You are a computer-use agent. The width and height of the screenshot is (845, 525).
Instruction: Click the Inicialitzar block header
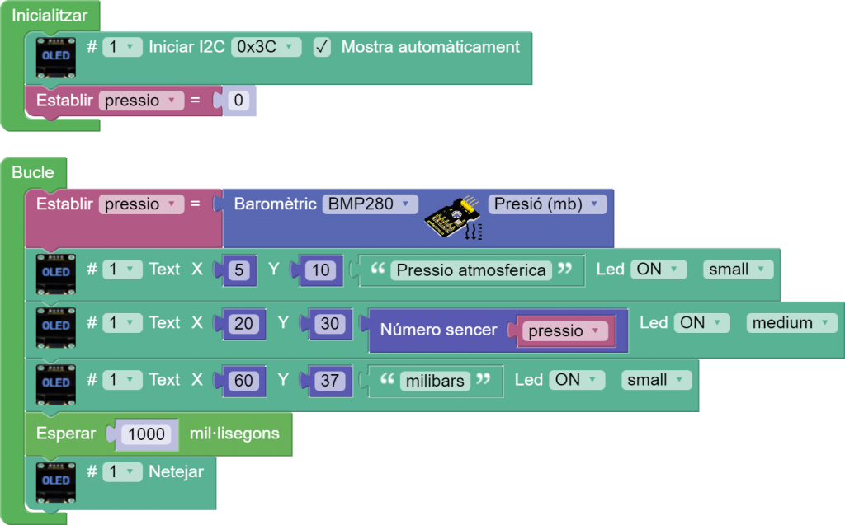pyautogui.click(x=50, y=16)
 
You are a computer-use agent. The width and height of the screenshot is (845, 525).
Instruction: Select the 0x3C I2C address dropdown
pyautogui.click(x=266, y=47)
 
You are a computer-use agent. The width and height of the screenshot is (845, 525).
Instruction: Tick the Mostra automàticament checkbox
pyautogui.click(x=323, y=47)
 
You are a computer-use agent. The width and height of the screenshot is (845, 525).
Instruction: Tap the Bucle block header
pyautogui.click(x=33, y=172)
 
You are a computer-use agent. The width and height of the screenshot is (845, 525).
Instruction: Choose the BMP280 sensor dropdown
pyautogui.click(x=371, y=204)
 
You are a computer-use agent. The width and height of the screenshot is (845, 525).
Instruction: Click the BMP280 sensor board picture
pyautogui.click(x=452, y=219)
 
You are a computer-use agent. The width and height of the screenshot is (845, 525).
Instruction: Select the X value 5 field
pyautogui.click(x=239, y=270)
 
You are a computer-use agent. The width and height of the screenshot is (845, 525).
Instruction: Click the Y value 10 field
pyautogui.click(x=321, y=270)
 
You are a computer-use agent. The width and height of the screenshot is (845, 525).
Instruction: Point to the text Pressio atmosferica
pyautogui.click(x=471, y=270)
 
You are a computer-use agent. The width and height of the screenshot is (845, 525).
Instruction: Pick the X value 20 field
pyautogui.click(x=243, y=324)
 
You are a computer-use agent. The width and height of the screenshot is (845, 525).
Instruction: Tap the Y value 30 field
pyautogui.click(x=329, y=324)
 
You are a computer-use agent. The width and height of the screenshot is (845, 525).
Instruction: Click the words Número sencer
pyautogui.click(x=438, y=330)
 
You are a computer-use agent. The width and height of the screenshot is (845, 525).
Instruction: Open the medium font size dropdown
pyautogui.click(x=791, y=323)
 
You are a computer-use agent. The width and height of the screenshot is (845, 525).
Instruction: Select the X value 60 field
pyautogui.click(x=243, y=381)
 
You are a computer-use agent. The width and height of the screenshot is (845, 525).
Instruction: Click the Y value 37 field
pyautogui.click(x=329, y=381)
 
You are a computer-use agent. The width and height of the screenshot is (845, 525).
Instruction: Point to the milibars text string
pyautogui.click(x=435, y=381)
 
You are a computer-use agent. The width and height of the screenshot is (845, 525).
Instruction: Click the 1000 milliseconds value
pyautogui.click(x=147, y=434)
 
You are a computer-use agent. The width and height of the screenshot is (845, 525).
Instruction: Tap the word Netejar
pyautogui.click(x=176, y=472)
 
